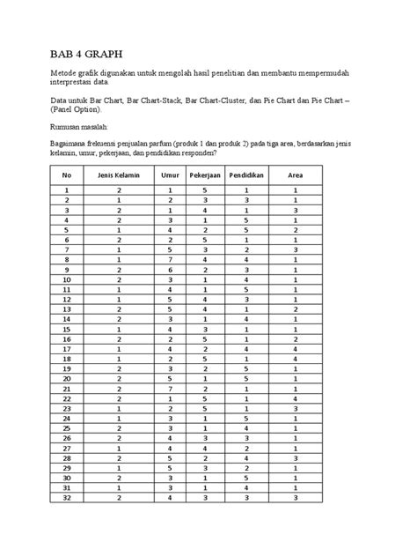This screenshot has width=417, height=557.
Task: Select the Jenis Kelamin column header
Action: click(x=119, y=175)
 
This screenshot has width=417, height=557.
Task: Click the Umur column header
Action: click(x=170, y=175)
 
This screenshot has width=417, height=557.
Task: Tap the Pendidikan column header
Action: click(x=246, y=175)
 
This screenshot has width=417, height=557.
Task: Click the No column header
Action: click(x=65, y=175)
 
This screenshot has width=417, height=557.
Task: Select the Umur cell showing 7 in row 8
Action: click(x=170, y=259)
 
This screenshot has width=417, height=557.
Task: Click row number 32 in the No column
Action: click(x=65, y=497)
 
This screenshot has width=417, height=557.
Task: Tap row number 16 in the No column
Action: click(x=65, y=338)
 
